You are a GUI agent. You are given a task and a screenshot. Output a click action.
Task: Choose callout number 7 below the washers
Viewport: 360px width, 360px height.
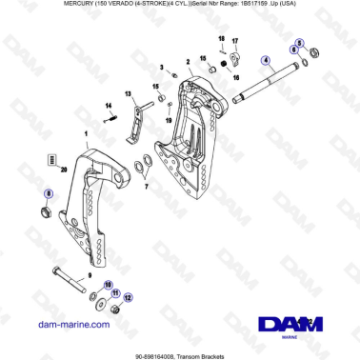[x=146, y=189]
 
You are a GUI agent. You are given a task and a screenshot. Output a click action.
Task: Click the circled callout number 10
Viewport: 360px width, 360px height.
[x=107, y=283]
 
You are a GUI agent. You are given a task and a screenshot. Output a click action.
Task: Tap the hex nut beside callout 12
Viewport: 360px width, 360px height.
[x=114, y=309]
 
